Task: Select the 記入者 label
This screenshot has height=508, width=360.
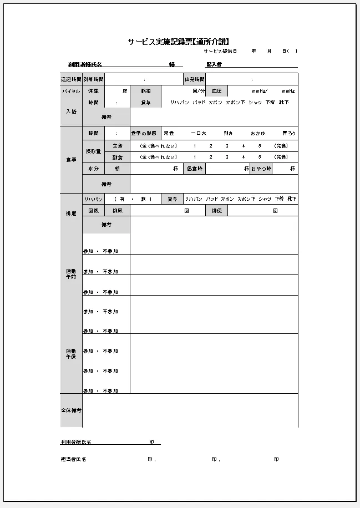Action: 214,64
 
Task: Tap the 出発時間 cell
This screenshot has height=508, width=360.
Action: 194,79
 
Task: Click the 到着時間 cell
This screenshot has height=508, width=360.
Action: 93,79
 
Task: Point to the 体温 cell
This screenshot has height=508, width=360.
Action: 93,91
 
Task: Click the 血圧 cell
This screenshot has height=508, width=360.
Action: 216,91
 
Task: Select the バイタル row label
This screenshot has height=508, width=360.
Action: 71,91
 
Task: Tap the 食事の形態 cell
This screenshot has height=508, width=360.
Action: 145,133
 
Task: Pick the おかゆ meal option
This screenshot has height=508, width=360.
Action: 257,133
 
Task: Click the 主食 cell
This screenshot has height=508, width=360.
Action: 118,146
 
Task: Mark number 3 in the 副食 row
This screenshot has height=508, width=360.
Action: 227,157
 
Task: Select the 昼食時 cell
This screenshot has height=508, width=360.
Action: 194,168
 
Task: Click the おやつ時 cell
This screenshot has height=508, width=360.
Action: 261,168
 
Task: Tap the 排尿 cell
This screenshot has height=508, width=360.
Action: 118,211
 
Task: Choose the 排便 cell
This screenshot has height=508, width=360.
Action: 216,211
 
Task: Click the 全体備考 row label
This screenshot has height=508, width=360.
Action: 71,410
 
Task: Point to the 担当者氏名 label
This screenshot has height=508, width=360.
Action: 73,459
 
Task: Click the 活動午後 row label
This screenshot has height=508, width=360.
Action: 71,354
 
